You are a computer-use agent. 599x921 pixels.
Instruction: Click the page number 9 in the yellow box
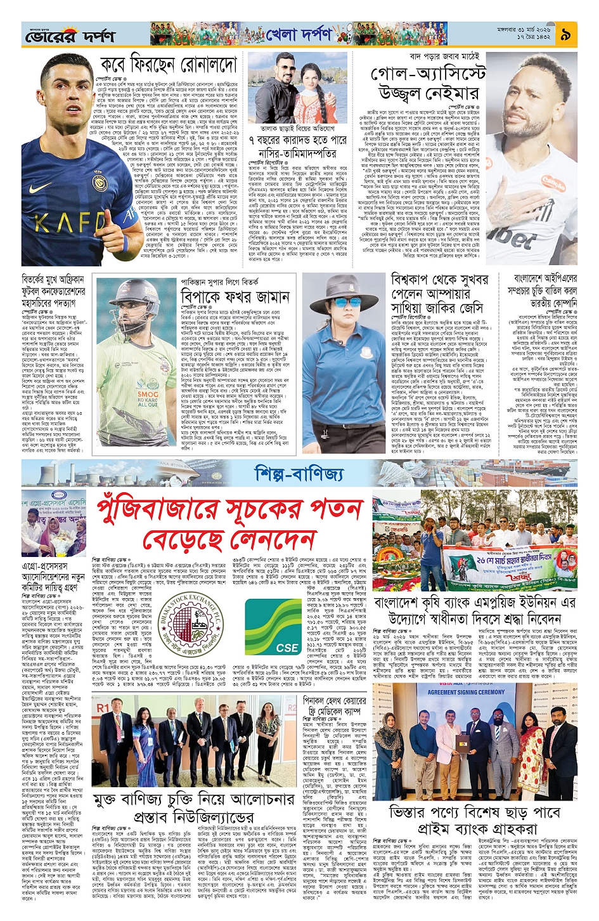[565, 36]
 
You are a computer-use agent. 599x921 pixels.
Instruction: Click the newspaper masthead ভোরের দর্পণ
[70, 37]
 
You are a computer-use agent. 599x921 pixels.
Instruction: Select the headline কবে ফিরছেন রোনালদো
[168, 65]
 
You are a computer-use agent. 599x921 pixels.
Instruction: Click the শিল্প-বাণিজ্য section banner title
[299, 473]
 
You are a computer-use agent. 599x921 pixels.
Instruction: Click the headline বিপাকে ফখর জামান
[244, 297]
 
